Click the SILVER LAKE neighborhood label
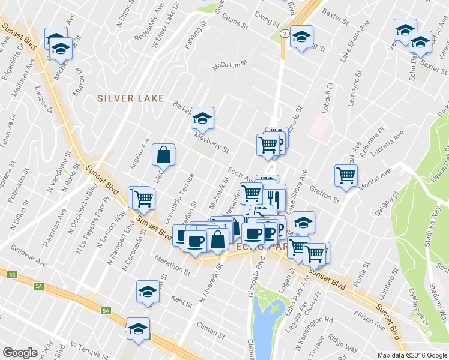pyautogui.click(x=131, y=98)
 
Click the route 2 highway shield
pyautogui.click(x=289, y=30)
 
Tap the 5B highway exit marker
pyautogui.click(x=12, y=275)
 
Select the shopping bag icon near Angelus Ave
pyautogui.click(x=164, y=155)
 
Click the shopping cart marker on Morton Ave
pyautogui.click(x=346, y=175)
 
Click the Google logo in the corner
pyautogui.click(x=20, y=353)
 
